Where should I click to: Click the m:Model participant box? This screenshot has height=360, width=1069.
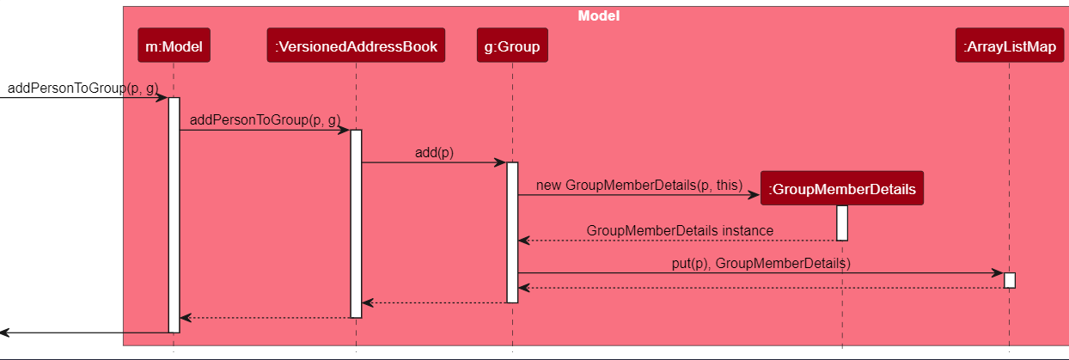173,47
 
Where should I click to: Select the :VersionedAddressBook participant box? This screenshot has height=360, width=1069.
356,47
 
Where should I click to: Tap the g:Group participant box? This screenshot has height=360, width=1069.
512,47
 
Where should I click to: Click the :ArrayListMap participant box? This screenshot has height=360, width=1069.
1009,47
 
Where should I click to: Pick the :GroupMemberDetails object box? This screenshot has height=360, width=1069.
841,188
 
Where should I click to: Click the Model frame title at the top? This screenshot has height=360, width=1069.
598,16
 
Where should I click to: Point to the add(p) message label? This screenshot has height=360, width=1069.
434,153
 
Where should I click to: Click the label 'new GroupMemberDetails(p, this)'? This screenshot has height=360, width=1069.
638,185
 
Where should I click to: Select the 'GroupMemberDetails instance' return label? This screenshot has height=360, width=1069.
680,230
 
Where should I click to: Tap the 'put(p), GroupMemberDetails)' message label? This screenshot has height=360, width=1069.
761,263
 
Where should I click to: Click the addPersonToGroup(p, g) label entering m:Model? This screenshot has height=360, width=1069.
82,88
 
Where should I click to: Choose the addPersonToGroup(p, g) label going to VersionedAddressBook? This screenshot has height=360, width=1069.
265,120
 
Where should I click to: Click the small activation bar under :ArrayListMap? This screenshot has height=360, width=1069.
1009,280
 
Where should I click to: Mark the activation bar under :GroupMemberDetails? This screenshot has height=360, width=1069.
842,223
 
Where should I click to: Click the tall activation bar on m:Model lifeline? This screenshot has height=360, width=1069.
174,215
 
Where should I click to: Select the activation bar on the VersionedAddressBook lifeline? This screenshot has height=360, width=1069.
356,223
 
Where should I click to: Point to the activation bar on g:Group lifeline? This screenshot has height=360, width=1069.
512,232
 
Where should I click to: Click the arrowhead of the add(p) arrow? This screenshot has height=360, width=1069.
501,162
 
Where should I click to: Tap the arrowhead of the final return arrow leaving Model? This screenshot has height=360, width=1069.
5,332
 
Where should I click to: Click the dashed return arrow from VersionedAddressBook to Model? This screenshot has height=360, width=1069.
266,318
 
